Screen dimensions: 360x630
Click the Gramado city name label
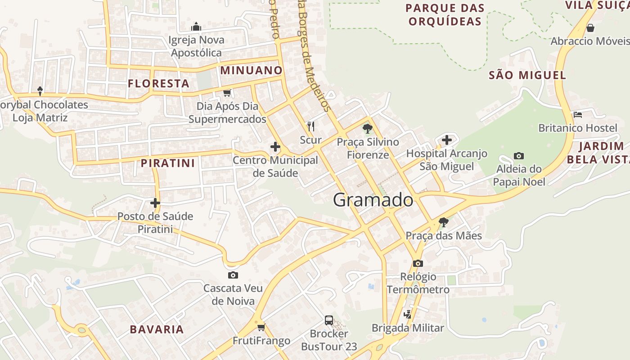373,200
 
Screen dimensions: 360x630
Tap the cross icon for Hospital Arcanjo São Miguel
446,140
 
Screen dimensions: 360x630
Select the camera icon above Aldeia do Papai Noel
519,156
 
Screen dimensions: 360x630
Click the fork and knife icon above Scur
310,126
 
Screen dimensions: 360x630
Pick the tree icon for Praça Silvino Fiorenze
368,129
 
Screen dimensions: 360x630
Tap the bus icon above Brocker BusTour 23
329,320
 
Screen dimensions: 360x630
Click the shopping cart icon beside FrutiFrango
261,327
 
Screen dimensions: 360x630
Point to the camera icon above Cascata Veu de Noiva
233,275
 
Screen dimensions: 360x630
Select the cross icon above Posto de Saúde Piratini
155,203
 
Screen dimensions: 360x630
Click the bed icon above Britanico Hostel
578,115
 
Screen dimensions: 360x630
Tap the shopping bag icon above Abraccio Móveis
590,28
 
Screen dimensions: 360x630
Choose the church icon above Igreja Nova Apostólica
196,27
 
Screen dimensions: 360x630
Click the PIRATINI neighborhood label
168,163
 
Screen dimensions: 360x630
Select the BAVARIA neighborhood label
157,329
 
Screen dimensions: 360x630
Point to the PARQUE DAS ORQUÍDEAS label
445,14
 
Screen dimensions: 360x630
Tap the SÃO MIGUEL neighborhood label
527,75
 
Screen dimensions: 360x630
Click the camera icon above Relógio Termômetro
418,263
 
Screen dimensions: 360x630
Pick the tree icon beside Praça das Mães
444,222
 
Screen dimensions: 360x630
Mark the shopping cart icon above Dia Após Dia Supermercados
227,93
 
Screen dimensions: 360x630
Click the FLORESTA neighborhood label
158,83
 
